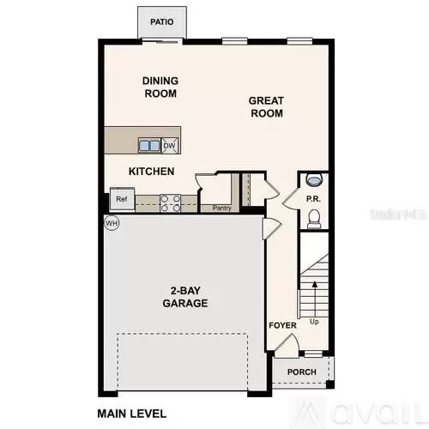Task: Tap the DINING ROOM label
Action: tap(160, 88)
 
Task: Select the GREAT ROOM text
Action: tap(266, 106)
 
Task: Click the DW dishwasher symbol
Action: tap(170, 145)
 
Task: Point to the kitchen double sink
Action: tap(149, 145)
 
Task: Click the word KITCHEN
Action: tap(151, 172)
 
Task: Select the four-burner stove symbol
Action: tap(170, 202)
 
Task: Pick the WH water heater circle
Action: tap(111, 223)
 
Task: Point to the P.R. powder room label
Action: tap(313, 200)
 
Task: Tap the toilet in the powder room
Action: tap(314, 221)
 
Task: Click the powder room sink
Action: tap(314, 180)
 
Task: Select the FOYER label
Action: tap(282, 326)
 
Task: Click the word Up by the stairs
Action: tap(314, 323)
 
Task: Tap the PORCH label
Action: tap(301, 372)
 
